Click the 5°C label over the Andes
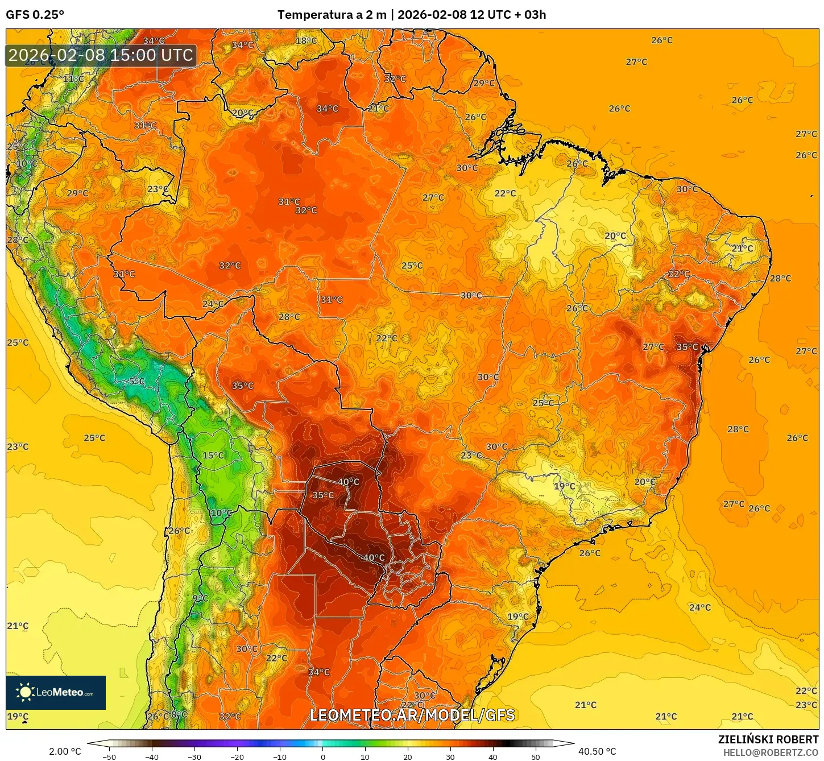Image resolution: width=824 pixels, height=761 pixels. point(136,381)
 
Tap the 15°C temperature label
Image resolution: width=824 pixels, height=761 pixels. point(213,456)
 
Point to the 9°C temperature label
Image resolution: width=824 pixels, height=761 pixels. point(200,598)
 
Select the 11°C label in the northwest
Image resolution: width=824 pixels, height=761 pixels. point(73,78)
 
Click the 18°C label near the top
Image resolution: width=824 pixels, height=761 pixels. point(306,41)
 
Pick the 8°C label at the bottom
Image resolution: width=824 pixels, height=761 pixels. point(179,714)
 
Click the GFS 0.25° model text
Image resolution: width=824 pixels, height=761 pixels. point(35,15)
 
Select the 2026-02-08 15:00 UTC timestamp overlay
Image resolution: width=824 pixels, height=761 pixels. point(101,55)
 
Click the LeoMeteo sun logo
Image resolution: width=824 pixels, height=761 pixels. point(26,692)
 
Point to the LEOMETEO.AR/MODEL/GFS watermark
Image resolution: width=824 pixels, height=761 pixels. point(412,715)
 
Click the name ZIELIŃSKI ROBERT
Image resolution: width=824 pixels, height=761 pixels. point(768,739)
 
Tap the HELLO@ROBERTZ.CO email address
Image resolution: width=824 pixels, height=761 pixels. point(771,752)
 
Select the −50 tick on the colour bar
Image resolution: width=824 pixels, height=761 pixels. point(109,757)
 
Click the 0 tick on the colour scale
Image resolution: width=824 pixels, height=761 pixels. point(322,757)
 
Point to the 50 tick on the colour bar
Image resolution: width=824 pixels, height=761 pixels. point(536,757)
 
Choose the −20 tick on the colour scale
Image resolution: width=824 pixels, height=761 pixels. point(237,757)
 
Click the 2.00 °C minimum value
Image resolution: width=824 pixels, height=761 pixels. point(65,751)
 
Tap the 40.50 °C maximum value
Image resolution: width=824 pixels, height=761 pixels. point(597,751)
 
